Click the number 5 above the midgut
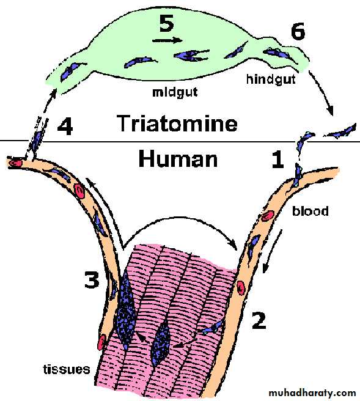[166, 23]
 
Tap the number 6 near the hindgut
[298, 31]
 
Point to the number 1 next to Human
[277, 160]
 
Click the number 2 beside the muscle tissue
[259, 320]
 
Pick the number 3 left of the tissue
[92, 279]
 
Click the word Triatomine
[177, 123]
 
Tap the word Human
[178, 159]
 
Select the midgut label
[175, 92]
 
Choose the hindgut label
[271, 79]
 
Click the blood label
[310, 212]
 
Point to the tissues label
[67, 369]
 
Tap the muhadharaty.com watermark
[312, 392]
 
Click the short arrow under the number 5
[167, 40]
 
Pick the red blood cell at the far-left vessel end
[16, 163]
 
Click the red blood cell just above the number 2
[240, 288]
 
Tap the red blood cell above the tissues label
[101, 342]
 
